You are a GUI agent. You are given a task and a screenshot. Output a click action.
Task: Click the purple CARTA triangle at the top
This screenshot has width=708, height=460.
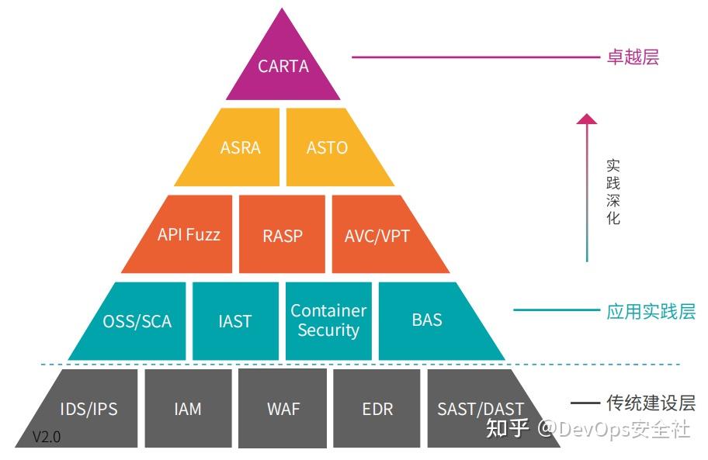(283, 67)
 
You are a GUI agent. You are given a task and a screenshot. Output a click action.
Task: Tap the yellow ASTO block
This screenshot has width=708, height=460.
(328, 147)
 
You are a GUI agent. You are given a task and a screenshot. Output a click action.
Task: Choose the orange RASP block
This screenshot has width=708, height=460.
(282, 234)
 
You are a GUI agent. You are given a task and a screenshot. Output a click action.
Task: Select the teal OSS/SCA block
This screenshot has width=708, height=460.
(136, 321)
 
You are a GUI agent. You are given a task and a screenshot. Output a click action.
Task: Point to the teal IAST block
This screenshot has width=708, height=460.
(235, 321)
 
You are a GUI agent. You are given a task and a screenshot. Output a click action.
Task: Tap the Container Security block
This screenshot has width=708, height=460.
(328, 320)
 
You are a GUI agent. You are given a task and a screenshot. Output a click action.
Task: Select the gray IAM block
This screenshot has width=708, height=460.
(188, 408)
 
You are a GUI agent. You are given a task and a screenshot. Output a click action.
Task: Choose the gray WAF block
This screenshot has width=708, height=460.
(283, 408)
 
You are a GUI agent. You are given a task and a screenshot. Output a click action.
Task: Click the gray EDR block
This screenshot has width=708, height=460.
(377, 408)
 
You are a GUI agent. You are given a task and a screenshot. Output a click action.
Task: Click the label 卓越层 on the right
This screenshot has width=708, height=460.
(633, 57)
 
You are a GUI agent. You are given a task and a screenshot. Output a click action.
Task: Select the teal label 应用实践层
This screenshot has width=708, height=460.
(651, 312)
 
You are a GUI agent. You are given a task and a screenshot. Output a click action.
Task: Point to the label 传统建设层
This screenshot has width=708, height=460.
(651, 403)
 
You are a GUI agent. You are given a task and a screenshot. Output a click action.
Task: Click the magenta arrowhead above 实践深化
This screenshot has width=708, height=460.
(588, 119)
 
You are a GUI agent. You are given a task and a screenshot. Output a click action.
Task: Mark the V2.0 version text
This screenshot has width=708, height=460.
(47, 437)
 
